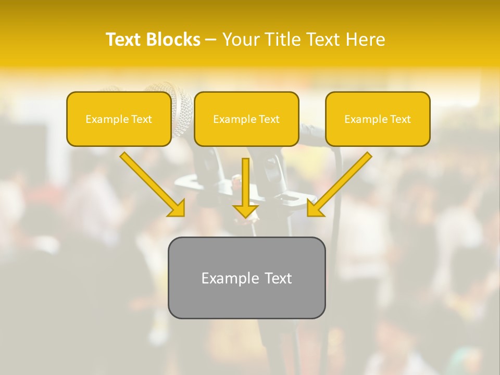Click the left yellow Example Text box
pos(119,119)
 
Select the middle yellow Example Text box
pos(246,119)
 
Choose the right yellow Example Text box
pos(378,119)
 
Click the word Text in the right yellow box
pos(400,119)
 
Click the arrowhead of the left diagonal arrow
pos(178,208)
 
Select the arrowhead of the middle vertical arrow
pos(246,211)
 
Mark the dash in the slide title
pos(211,40)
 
